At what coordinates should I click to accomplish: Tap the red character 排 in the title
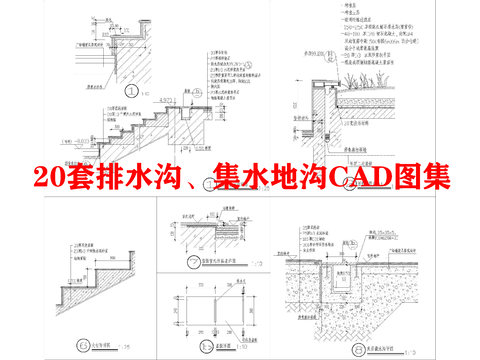point(125,178)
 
